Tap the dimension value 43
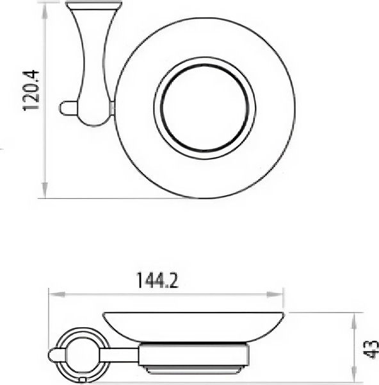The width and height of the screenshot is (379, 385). point(371,350)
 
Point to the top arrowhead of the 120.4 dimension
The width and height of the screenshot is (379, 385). point(45,8)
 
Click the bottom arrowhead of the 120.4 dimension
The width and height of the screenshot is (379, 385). point(45,192)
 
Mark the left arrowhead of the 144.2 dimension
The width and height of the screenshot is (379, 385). point(54,295)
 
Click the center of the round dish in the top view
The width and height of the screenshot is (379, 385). point(204,107)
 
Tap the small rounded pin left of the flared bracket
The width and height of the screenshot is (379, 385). point(67,108)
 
